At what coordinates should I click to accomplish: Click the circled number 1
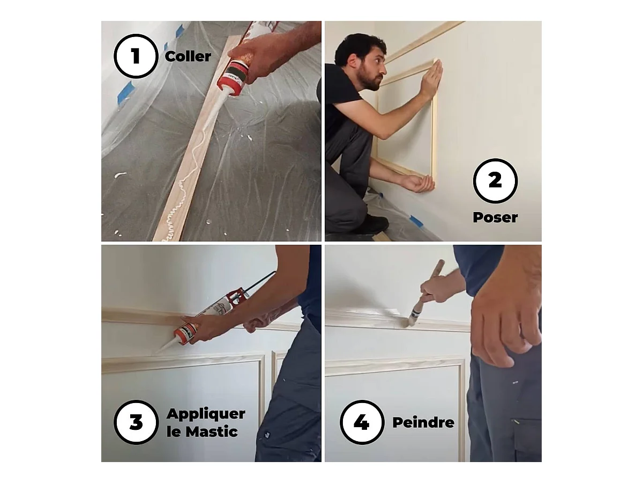click(x=136, y=56)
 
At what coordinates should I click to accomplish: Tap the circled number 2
click(x=495, y=181)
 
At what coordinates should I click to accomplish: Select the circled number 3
click(x=136, y=422)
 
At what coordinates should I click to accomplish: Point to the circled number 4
click(x=362, y=422)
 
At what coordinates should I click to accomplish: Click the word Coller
click(x=188, y=56)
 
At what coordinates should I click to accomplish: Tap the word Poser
click(x=495, y=217)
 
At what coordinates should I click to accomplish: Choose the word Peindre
click(x=423, y=422)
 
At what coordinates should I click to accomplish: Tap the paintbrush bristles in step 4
click(x=409, y=322)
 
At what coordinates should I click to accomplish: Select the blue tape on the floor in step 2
click(x=416, y=221)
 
